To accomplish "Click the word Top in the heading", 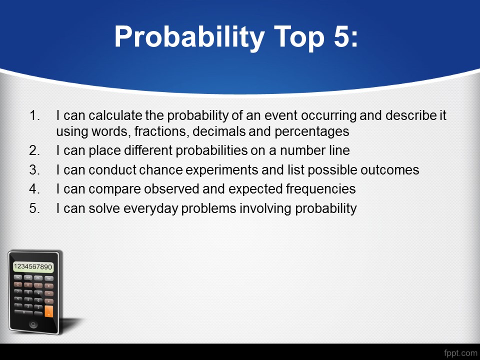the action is coord(299,37).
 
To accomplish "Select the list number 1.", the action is coord(34,115).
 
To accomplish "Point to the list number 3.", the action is coord(34,170).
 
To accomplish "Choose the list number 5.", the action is coord(34,208).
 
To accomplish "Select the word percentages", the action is coord(312,132).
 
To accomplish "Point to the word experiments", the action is coord(222,170).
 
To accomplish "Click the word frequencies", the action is coord(321,189).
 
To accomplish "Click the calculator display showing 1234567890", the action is coord(33,266).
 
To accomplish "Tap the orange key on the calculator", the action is coord(48,311).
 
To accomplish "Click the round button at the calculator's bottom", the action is coord(33,324).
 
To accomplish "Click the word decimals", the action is coord(219,131).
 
